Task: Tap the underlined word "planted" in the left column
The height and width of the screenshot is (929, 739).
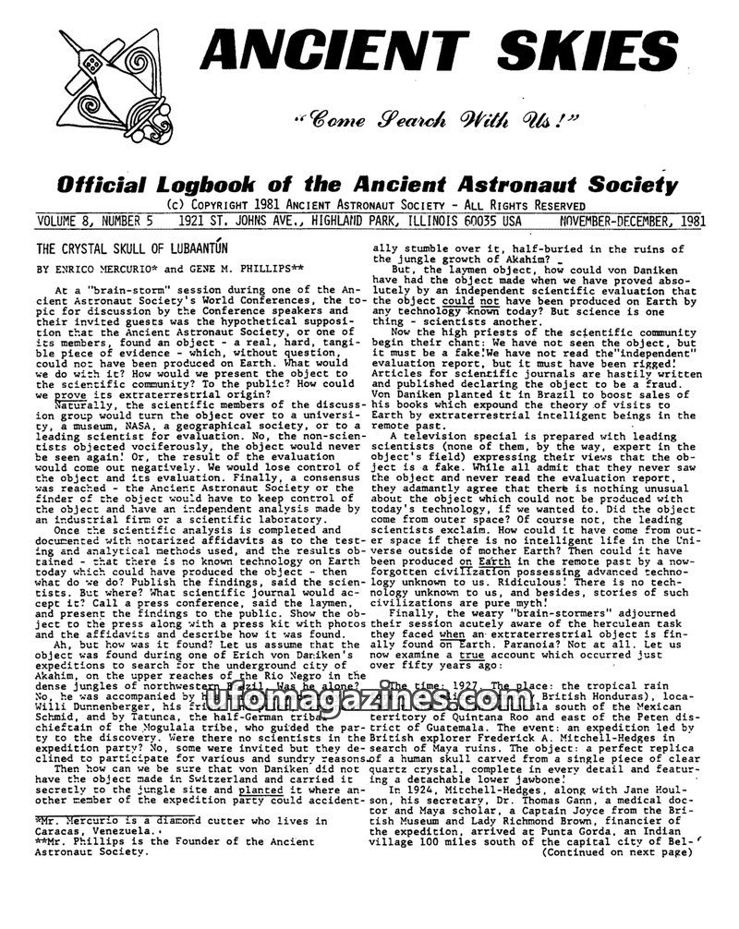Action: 257,791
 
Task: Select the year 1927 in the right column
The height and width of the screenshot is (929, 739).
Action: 467,687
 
